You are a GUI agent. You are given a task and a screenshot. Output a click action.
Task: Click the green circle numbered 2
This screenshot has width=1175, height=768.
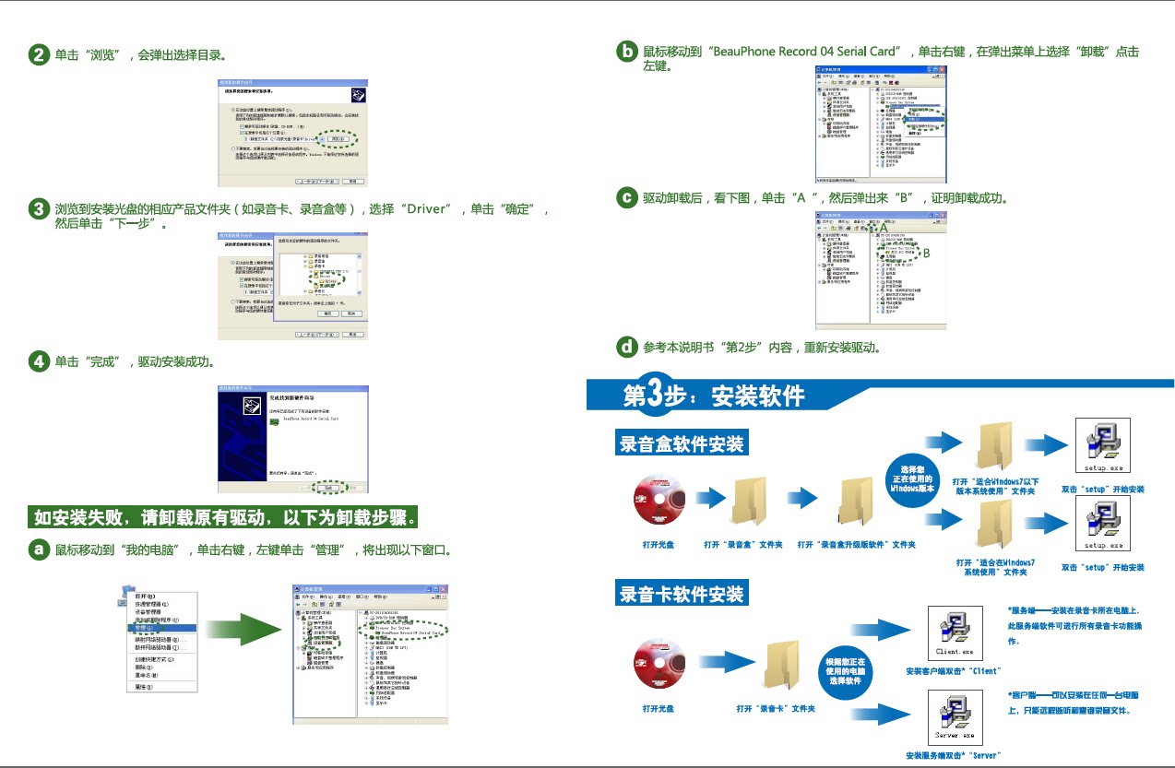pos(40,55)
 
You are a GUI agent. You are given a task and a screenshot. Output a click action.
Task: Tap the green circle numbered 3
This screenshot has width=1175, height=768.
pos(40,209)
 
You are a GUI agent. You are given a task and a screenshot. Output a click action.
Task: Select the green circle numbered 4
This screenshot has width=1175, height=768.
pos(40,361)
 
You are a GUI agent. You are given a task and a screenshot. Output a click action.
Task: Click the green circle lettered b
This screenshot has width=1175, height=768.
pos(627,52)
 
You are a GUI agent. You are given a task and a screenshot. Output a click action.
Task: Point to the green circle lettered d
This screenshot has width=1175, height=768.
pos(627,347)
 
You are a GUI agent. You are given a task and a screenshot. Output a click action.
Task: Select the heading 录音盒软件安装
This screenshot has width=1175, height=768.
pos(682,443)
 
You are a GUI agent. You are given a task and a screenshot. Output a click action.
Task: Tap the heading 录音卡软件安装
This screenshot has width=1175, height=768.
pos(682,593)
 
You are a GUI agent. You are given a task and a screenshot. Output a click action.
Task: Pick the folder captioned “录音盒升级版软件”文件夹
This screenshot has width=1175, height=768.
pos(857,502)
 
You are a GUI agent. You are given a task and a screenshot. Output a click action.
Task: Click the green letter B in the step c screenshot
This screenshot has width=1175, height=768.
pos(926,253)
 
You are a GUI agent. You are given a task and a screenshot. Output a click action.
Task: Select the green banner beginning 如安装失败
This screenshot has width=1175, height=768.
pos(226,516)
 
